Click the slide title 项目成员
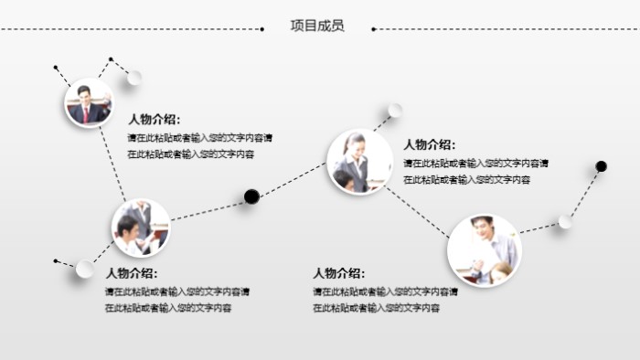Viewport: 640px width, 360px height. coord(317,26)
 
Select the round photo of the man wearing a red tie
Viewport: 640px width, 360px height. coord(89,103)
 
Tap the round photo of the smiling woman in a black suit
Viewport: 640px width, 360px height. coord(359,162)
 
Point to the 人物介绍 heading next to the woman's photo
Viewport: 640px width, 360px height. coord(429,144)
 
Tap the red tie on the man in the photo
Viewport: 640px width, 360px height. coord(87,112)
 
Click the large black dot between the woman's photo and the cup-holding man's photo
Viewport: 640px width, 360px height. coord(251,196)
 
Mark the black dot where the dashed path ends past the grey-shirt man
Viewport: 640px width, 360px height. coord(601,166)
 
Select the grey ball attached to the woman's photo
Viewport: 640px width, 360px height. coord(395,111)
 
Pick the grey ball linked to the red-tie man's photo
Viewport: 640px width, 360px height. coord(133,77)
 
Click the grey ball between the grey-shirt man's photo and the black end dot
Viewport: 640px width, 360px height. coord(565,221)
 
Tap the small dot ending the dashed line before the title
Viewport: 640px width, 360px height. coord(262,29)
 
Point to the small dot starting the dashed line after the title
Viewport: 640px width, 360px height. coord(373,29)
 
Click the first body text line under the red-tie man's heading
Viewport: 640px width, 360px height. coord(199,138)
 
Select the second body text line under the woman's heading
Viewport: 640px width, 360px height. coord(466,180)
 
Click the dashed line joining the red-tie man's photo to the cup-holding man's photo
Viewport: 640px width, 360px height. coord(113,164)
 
